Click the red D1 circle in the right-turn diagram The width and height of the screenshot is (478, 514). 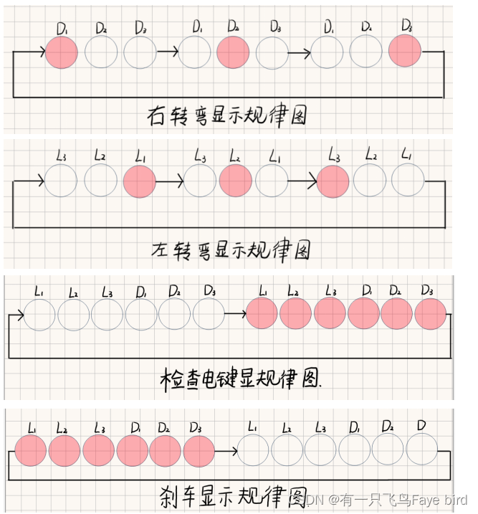coord(61,52)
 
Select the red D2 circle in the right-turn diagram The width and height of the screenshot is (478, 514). coord(233,52)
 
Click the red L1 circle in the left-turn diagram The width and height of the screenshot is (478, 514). coord(140,181)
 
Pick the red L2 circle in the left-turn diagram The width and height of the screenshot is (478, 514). coord(236,181)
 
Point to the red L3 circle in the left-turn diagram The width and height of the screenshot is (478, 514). coord(333,181)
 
